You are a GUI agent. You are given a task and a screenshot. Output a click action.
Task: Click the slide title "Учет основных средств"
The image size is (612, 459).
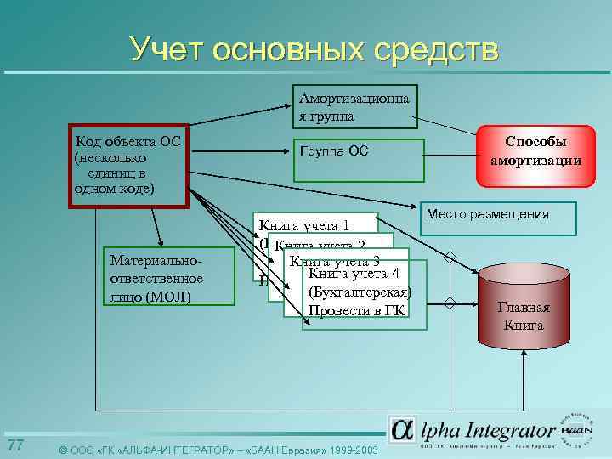tap(314, 48)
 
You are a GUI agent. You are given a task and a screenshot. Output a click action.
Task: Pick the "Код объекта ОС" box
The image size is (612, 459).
tap(127, 165)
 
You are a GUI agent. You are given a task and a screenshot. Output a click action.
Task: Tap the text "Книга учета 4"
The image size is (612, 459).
tap(354, 274)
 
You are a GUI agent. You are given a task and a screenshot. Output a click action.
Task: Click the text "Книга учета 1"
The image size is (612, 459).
tap(304, 225)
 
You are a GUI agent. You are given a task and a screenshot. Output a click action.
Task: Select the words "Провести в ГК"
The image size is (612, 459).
tap(356, 310)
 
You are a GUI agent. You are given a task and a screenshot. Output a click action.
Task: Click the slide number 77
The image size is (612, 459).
tap(14, 446)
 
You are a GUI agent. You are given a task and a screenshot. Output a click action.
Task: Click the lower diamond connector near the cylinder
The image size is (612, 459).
tap(450, 303)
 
